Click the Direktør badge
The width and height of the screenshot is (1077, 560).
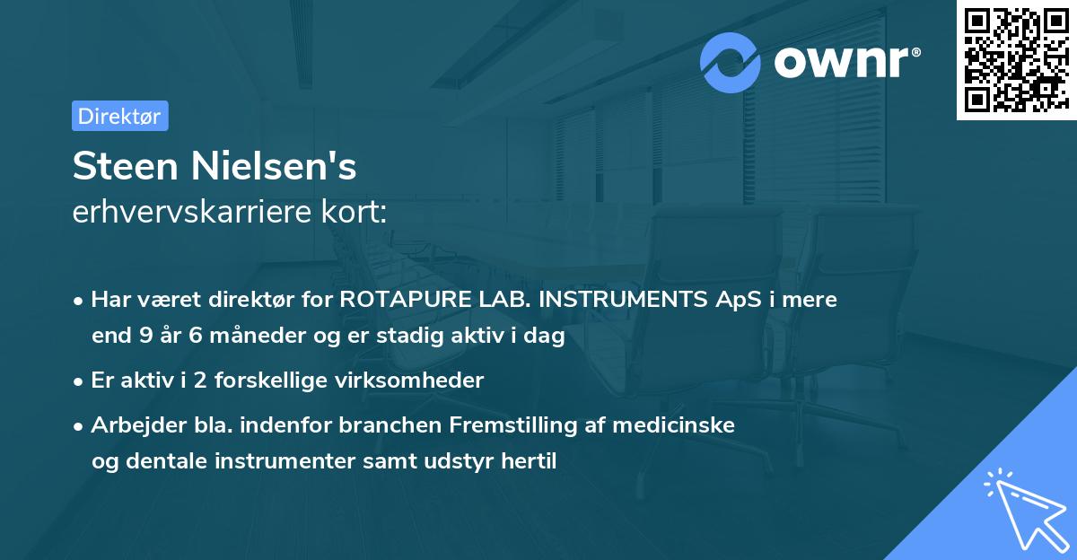119,116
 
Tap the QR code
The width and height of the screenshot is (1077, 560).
1016,60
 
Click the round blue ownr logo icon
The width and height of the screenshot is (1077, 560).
731,62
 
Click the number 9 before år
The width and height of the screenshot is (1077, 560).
146,337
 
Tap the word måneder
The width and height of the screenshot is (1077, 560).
241,337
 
